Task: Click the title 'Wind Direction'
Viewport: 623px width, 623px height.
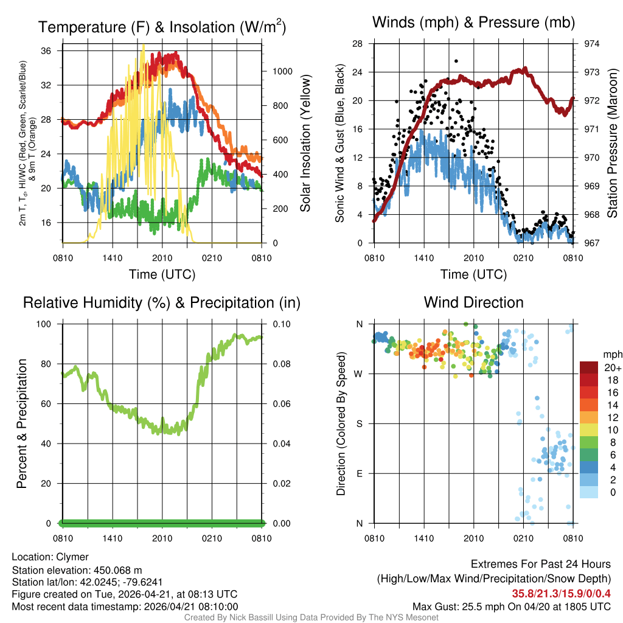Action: pyautogui.click(x=473, y=302)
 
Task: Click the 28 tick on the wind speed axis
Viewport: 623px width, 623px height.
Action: pyautogui.click(x=358, y=44)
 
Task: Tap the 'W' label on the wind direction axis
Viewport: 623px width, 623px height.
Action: pyautogui.click(x=359, y=374)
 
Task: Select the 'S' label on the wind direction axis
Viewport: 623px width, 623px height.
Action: pyautogui.click(x=360, y=423)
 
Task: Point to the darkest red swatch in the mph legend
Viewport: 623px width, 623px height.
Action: pyautogui.click(x=588, y=367)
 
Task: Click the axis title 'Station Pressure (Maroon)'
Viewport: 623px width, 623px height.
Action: pyautogui.click(x=613, y=144)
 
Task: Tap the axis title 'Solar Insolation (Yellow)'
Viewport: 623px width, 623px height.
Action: pyautogui.click(x=305, y=144)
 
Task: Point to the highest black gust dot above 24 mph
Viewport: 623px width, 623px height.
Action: pyautogui.click(x=456, y=61)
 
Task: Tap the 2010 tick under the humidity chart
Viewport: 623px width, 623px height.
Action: pyautogui.click(x=162, y=538)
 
